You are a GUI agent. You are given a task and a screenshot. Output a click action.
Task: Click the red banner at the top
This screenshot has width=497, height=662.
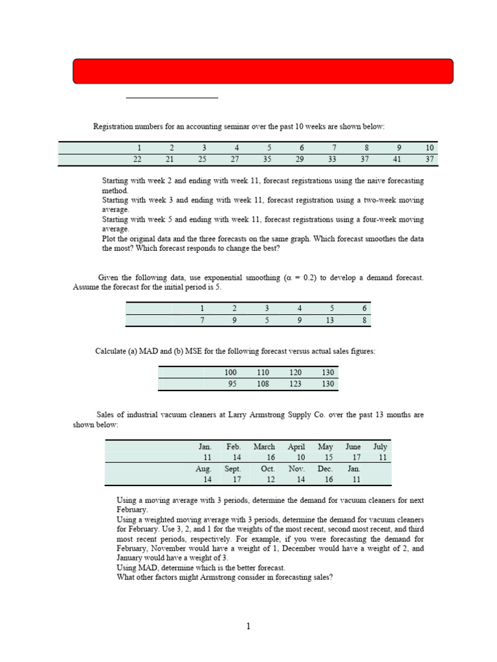pos(263,71)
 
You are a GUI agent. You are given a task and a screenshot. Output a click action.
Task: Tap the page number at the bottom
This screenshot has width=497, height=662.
pos(248,626)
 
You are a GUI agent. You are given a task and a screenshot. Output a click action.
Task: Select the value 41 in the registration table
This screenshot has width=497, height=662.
pos(399,159)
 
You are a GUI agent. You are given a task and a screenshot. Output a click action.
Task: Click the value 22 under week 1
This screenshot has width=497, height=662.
pos(135,159)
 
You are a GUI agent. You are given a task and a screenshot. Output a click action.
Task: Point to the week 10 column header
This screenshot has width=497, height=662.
pos(430,147)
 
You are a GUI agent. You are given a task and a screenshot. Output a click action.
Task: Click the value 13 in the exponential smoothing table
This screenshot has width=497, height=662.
pos(331,319)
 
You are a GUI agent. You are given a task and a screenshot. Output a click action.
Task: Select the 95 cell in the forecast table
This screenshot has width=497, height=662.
pos(232,384)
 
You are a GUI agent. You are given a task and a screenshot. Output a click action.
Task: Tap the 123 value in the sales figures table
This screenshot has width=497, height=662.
pos(295,384)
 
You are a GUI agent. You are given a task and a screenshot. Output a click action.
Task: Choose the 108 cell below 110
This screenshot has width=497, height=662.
pos(263,384)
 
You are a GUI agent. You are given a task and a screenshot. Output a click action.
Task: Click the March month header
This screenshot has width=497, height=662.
pos(264,447)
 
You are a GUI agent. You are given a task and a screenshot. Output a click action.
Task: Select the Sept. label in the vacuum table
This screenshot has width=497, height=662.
pos(233,469)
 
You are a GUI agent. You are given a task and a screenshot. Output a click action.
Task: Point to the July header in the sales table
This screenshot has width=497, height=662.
pos(380,447)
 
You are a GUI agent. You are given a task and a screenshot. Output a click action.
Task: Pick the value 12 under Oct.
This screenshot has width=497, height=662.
pos(269,479)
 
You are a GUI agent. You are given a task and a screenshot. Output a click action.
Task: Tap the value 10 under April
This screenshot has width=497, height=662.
pos(300,457)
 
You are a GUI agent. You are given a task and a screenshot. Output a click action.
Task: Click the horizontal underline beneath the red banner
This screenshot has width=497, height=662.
pos(171,98)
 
